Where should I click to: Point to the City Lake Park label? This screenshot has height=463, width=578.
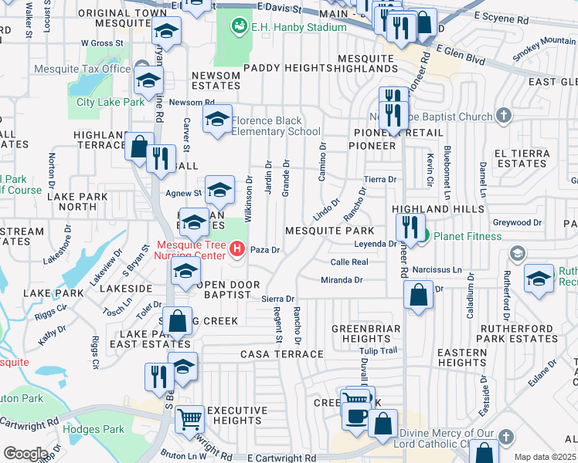click(x=110, y=102)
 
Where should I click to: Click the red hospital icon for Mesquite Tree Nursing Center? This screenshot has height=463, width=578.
click(x=238, y=250)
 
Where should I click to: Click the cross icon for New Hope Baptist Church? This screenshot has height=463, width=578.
click(x=504, y=117)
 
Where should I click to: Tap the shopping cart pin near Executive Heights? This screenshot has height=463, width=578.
click(x=189, y=420)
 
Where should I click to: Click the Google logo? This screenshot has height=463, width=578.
click(x=25, y=453)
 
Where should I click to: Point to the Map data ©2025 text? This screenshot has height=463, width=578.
click(x=545, y=457)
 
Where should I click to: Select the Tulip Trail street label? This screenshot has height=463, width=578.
click(x=381, y=350)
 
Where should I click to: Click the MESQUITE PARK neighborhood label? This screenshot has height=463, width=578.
click(x=329, y=231)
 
